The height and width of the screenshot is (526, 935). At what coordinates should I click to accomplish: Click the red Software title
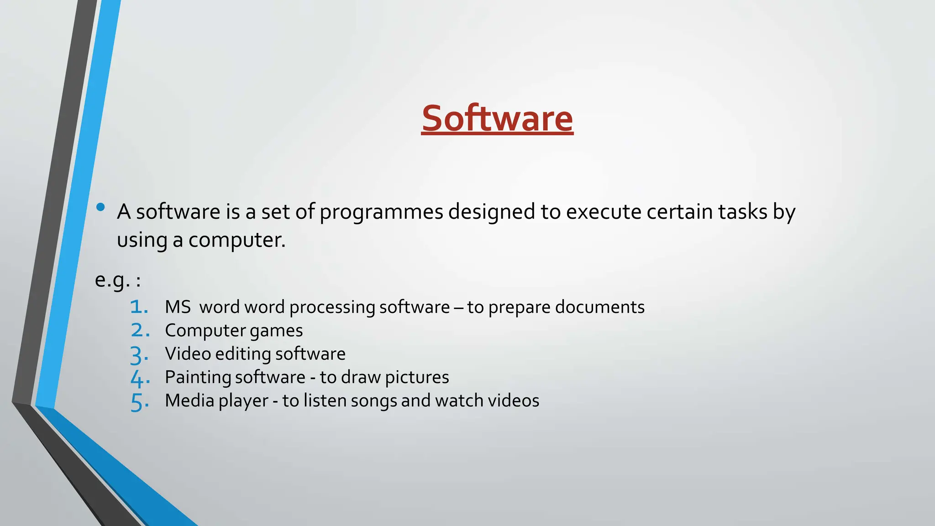[x=497, y=118]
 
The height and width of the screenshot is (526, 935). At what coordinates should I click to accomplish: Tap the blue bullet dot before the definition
[x=101, y=208]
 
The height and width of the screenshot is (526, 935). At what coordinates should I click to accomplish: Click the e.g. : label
[x=118, y=280]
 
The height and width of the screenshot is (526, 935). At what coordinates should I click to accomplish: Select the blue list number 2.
[x=140, y=331]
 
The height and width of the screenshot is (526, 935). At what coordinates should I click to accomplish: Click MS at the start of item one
[x=178, y=307]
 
